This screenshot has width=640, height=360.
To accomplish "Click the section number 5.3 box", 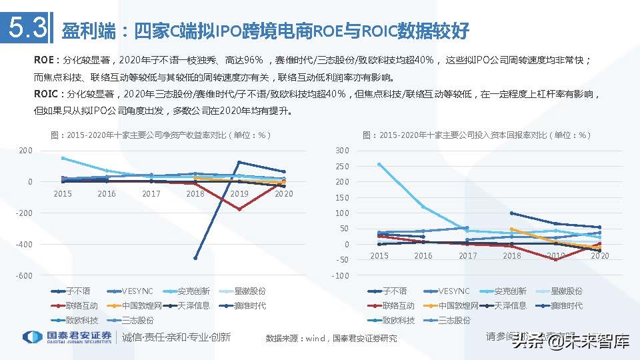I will pos(27,29).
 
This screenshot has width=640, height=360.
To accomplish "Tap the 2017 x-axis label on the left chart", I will pos(151,194).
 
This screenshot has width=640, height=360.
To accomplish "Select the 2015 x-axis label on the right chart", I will pos(379,256).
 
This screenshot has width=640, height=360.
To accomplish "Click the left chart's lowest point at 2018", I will pos(195,258).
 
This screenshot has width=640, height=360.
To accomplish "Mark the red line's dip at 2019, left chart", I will pos(239,209).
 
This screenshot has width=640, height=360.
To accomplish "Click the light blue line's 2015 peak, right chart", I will pos(379,164).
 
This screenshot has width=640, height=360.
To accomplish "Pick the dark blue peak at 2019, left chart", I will pos(239,162).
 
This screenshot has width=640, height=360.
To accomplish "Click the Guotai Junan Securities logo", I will pos(67,337).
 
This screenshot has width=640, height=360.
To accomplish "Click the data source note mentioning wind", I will pos(331,338).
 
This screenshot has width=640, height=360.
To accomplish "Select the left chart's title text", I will pos(161,135).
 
